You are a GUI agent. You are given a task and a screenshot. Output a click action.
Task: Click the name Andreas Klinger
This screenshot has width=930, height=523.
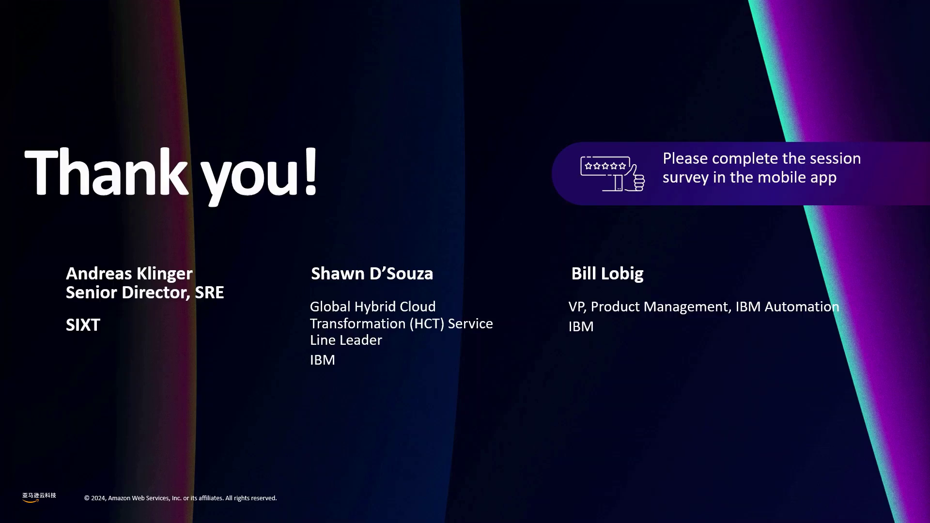129,274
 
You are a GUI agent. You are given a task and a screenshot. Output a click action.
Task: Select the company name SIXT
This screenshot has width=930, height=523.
83,325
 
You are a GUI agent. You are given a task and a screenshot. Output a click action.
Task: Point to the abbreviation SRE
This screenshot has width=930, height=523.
209,292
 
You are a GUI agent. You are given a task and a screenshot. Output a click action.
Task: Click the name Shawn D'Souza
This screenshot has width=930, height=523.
372,274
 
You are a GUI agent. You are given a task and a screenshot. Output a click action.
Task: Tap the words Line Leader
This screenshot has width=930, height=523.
346,340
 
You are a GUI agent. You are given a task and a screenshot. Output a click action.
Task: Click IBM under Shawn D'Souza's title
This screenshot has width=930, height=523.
323,360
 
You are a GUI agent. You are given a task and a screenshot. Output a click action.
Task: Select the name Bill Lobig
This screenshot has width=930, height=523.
607,274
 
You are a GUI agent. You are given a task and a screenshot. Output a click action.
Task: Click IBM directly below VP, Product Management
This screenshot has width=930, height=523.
581,326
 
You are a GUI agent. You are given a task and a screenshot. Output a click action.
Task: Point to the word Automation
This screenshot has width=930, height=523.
802,307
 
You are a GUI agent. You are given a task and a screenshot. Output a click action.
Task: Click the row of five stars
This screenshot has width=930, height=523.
605,166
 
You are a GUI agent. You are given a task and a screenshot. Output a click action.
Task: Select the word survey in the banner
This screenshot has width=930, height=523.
685,178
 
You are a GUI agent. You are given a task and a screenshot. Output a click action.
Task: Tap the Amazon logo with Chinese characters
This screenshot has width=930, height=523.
39,497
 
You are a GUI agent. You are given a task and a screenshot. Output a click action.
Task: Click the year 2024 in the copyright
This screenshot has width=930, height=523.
98,498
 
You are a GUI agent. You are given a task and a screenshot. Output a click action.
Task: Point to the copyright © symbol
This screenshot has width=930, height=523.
87,498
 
